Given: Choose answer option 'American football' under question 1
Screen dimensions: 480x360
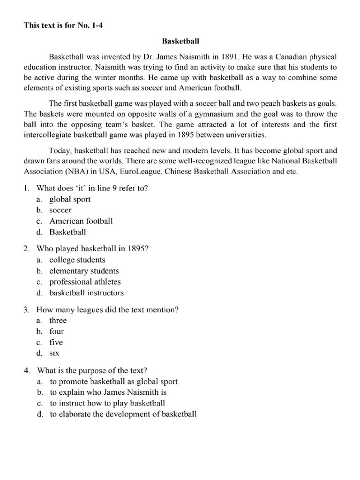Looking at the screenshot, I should [81, 221].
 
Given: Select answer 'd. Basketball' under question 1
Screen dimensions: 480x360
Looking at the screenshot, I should [68, 232].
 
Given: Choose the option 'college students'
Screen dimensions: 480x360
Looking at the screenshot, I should [77, 260].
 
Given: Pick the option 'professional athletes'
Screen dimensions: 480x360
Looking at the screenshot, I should [85, 282].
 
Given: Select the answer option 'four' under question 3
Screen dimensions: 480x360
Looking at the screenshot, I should [57, 331].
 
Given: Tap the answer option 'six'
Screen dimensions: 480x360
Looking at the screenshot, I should [54, 353].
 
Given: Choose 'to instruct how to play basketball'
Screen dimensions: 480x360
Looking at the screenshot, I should [107, 403].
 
